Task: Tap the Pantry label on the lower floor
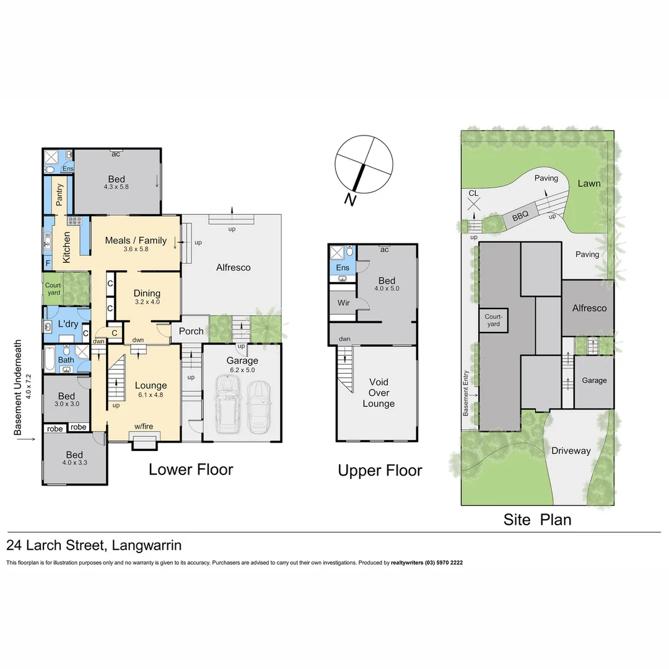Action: pyautogui.click(x=59, y=195)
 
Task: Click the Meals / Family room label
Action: pyautogui.click(x=136, y=240)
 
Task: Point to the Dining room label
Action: pyautogui.click(x=147, y=293)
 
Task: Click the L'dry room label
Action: pyautogui.click(x=67, y=325)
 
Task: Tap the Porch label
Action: pyautogui.click(x=191, y=331)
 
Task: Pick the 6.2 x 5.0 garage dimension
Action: pyautogui.click(x=242, y=370)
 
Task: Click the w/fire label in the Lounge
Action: pyautogui.click(x=144, y=426)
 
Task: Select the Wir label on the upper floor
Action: pyautogui.click(x=343, y=303)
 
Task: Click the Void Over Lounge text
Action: pyautogui.click(x=378, y=393)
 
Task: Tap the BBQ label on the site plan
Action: pyautogui.click(x=520, y=217)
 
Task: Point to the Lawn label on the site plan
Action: pyautogui.click(x=588, y=183)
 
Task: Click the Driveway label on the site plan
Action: pyautogui.click(x=571, y=451)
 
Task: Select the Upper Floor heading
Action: pyautogui.click(x=380, y=471)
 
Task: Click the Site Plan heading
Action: pyautogui.click(x=537, y=519)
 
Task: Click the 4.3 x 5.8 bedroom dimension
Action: pyautogui.click(x=116, y=186)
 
